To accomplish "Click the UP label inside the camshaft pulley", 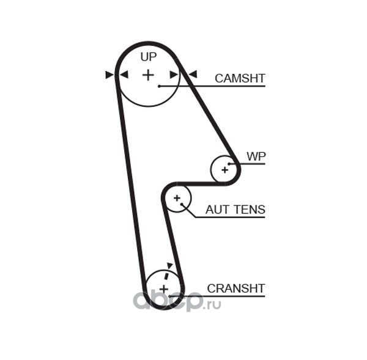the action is click(x=149, y=57).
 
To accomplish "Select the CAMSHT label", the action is click(x=240, y=78).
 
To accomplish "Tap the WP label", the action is click(x=256, y=156).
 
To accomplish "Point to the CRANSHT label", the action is click(x=236, y=288).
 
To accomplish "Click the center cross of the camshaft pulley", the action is click(x=148, y=75).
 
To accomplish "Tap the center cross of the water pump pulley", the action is click(x=224, y=170).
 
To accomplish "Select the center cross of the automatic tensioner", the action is click(x=177, y=199).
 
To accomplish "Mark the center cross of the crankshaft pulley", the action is click(x=164, y=289).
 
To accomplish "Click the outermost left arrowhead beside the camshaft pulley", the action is click(x=109, y=75).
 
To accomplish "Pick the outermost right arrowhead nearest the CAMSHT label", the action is click(x=193, y=75).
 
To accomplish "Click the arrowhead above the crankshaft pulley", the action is click(x=169, y=265).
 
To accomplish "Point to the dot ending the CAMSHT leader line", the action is click(x=159, y=86).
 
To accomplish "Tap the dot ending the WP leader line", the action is click(x=229, y=164).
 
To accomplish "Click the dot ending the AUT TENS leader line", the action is click(x=182, y=204).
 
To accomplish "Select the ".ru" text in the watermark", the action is click(x=212, y=304).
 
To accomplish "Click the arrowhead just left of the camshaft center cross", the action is click(x=124, y=75).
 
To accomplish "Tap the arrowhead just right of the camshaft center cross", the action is click(x=174, y=75).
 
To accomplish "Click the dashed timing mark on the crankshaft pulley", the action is click(x=166, y=276).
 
